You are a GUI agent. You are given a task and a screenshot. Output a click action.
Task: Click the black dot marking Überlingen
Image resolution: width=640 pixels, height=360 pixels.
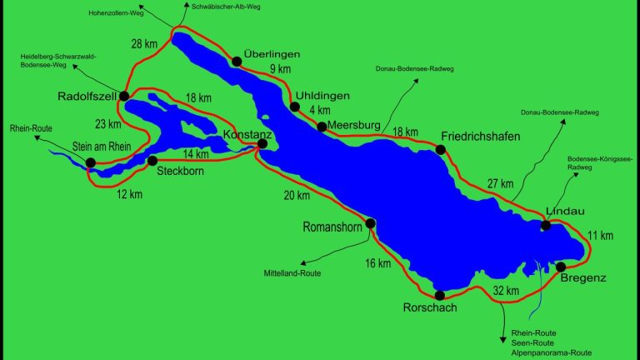237,60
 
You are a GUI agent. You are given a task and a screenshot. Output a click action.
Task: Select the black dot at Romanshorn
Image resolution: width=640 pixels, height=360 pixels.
371,222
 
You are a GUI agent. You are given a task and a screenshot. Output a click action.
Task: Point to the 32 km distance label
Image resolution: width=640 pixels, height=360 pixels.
507,291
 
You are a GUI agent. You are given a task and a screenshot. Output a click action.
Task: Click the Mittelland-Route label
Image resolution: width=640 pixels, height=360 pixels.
292,272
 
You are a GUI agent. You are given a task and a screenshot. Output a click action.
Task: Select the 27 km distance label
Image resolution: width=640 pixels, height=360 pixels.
500,183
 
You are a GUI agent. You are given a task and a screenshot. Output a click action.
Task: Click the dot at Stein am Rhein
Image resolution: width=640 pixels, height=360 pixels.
90,164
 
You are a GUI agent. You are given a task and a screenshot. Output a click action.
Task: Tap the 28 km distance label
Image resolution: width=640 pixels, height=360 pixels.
144,43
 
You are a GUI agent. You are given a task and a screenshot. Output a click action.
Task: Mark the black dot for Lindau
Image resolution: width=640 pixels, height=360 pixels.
545,225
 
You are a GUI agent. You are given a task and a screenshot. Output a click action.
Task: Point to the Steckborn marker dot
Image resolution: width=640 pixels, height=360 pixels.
152,160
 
